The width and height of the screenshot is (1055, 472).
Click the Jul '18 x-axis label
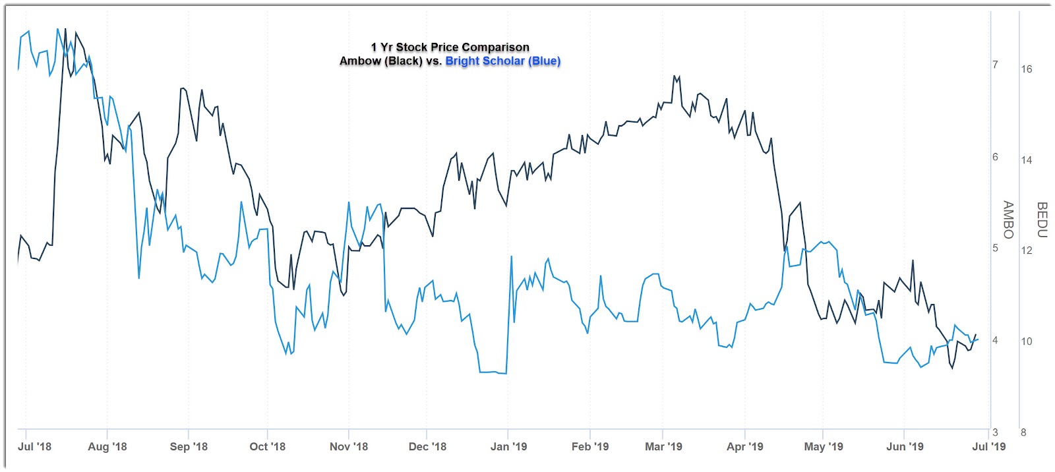34,446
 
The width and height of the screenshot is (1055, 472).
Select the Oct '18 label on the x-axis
267,446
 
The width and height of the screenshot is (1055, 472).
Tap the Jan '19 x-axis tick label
508,446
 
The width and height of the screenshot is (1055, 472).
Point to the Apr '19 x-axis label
744,446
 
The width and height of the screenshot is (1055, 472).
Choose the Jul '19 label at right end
989,446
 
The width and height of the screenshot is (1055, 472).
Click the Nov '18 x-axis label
348,446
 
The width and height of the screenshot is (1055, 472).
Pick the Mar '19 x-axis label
663,446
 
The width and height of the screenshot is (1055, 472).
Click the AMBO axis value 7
995,65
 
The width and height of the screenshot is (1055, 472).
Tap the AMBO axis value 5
995,248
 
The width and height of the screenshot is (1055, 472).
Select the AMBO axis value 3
995,432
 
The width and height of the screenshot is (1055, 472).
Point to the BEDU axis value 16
1027,69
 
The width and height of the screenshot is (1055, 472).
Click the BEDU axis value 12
1027,251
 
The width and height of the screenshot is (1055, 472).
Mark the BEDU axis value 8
1023,432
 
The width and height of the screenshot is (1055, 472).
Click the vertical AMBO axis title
1008,220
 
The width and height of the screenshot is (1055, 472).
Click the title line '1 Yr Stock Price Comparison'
450,47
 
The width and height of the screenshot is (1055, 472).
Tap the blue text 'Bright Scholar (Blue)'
502,61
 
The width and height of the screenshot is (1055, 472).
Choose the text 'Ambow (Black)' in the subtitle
380,61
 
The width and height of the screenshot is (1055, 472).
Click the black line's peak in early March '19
675,76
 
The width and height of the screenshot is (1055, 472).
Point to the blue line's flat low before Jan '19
493,372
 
